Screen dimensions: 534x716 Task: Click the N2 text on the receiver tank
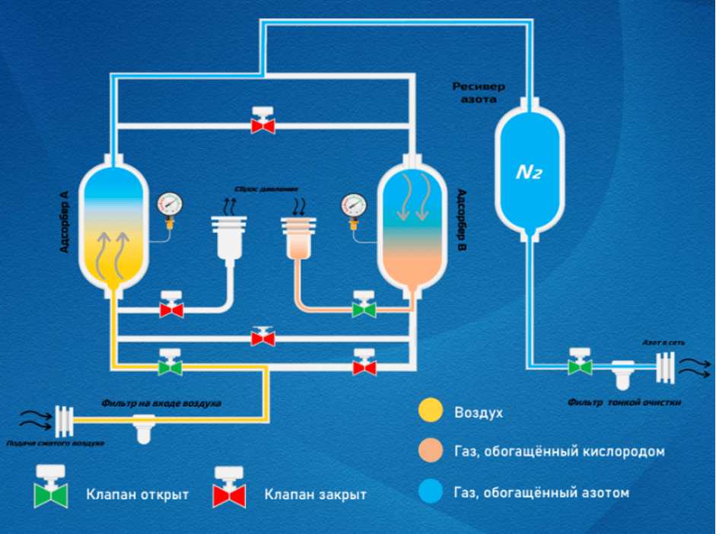(x=530, y=172)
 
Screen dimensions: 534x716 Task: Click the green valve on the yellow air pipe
(x=170, y=364)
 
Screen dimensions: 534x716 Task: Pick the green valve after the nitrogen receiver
(x=581, y=364)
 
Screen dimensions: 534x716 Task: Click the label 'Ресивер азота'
(x=479, y=93)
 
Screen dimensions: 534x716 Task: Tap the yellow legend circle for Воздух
(x=430, y=412)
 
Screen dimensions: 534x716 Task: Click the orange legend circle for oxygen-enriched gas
(x=430, y=452)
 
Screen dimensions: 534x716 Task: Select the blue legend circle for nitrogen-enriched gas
(x=430, y=492)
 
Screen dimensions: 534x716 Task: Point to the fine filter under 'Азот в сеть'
(x=624, y=375)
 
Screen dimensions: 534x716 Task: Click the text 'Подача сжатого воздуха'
(x=55, y=443)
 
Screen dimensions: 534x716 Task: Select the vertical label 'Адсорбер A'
(x=65, y=221)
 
